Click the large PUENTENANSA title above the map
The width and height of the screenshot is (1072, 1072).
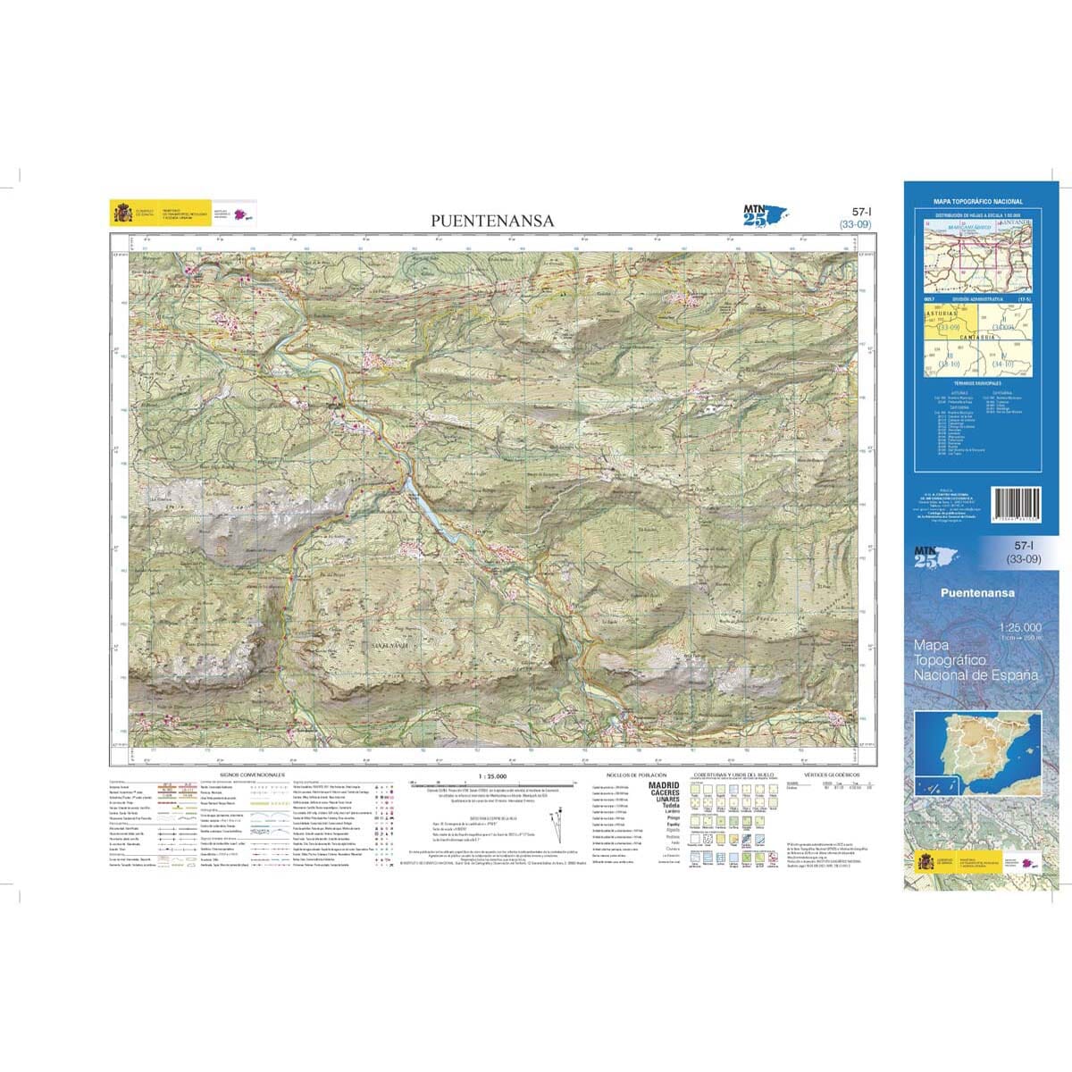coord(492,221)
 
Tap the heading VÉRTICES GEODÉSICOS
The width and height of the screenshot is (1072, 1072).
coord(830,775)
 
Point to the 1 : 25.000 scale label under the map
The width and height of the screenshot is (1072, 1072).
coord(492,775)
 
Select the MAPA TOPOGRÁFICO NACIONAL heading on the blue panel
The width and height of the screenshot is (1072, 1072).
coord(977,203)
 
